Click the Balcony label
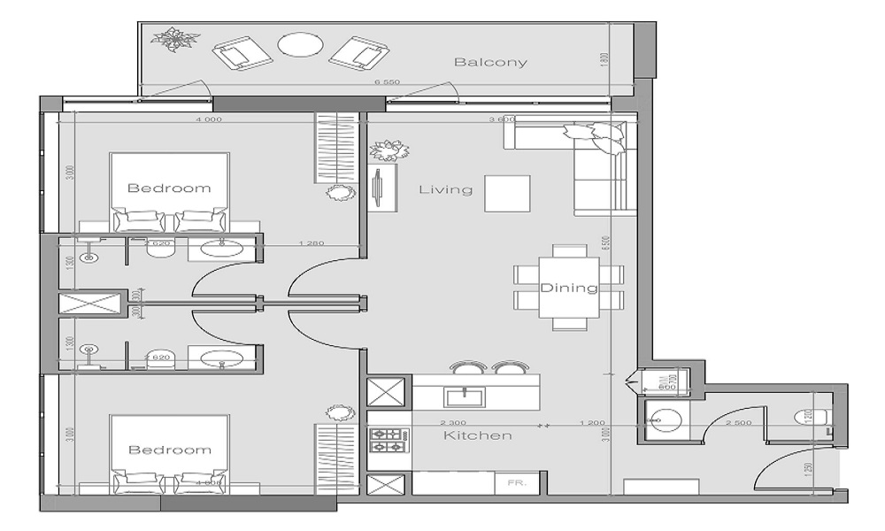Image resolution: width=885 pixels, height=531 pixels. (x=490, y=62)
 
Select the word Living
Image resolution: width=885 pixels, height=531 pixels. (x=445, y=189)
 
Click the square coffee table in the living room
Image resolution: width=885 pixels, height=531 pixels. (x=507, y=193)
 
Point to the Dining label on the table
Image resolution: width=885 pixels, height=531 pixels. (x=569, y=289)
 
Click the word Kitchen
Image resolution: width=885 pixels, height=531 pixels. (x=478, y=435)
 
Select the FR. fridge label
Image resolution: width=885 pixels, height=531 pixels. (x=514, y=484)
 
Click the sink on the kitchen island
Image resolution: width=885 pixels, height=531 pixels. (x=463, y=392)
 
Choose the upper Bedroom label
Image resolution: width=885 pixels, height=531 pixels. (x=169, y=188)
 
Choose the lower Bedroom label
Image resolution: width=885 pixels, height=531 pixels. (x=170, y=450)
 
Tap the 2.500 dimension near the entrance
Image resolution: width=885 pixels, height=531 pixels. (x=739, y=423)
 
